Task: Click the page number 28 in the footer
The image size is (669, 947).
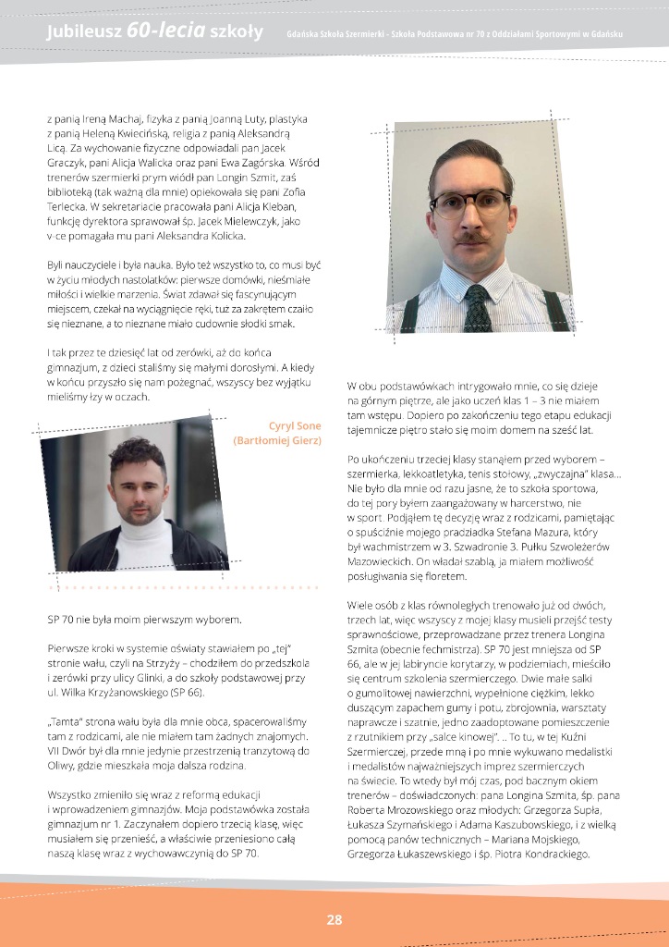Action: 334,919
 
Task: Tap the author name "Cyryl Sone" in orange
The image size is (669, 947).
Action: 293,425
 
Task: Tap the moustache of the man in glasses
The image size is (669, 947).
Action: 474,238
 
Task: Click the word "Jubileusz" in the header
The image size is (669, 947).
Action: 84,34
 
